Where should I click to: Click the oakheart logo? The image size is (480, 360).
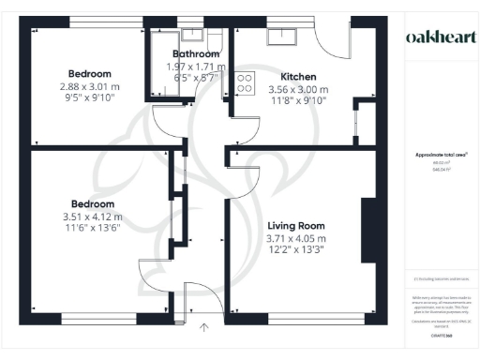[x=437, y=37]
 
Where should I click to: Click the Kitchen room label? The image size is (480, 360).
[x=299, y=76]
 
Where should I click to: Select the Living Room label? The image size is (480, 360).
[x=295, y=226]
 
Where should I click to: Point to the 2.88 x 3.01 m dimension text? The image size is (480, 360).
[x=89, y=87]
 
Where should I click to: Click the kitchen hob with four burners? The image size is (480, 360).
[x=246, y=82]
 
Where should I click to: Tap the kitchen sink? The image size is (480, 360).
[x=280, y=36]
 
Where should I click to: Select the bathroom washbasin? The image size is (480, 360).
[x=194, y=35]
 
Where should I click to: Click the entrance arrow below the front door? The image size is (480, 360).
[x=205, y=327]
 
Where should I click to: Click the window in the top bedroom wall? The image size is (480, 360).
[x=89, y=23]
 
